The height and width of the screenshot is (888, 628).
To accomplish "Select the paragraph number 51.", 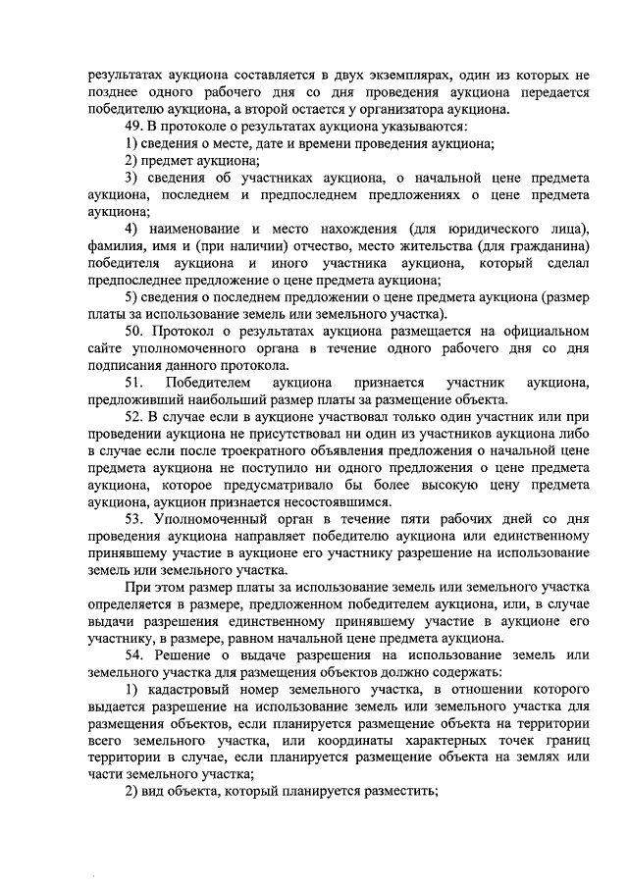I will (x=134, y=382).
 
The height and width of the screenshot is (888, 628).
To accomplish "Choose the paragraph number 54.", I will (x=134, y=654).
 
